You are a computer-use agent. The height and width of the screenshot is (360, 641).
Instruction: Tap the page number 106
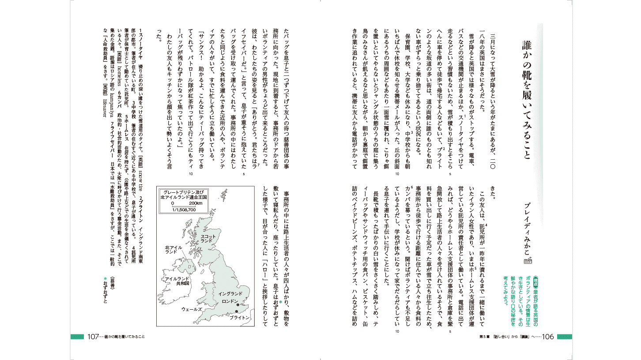coord(547,337)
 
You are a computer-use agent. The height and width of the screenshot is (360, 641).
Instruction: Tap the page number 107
coord(92,337)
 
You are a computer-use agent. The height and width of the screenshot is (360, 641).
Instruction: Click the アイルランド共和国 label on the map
coord(177,281)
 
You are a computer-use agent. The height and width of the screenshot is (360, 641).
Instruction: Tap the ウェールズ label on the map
coord(191,310)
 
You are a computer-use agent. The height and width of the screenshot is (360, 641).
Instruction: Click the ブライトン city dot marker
coord(237,312)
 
